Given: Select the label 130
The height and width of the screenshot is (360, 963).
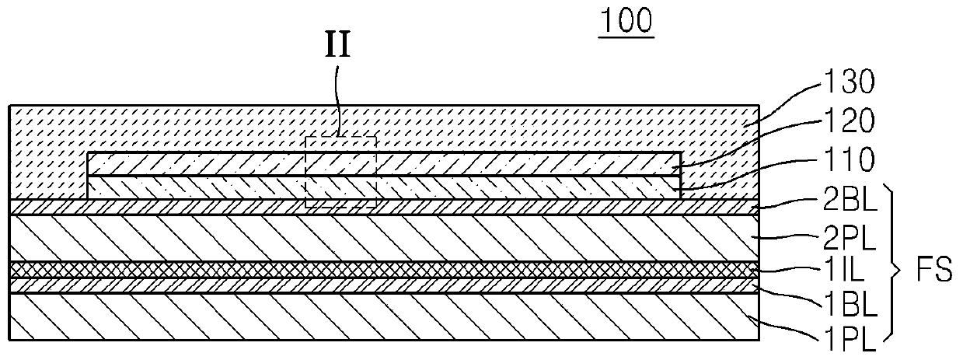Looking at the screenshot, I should click(x=850, y=82).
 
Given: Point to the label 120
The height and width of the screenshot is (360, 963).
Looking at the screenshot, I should click(x=850, y=121).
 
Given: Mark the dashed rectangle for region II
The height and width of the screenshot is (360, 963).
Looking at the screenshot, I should click(x=340, y=172).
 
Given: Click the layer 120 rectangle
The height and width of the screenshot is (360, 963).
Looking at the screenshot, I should click(x=505, y=164).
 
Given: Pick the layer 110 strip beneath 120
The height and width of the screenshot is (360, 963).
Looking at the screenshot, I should click(x=505, y=187).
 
